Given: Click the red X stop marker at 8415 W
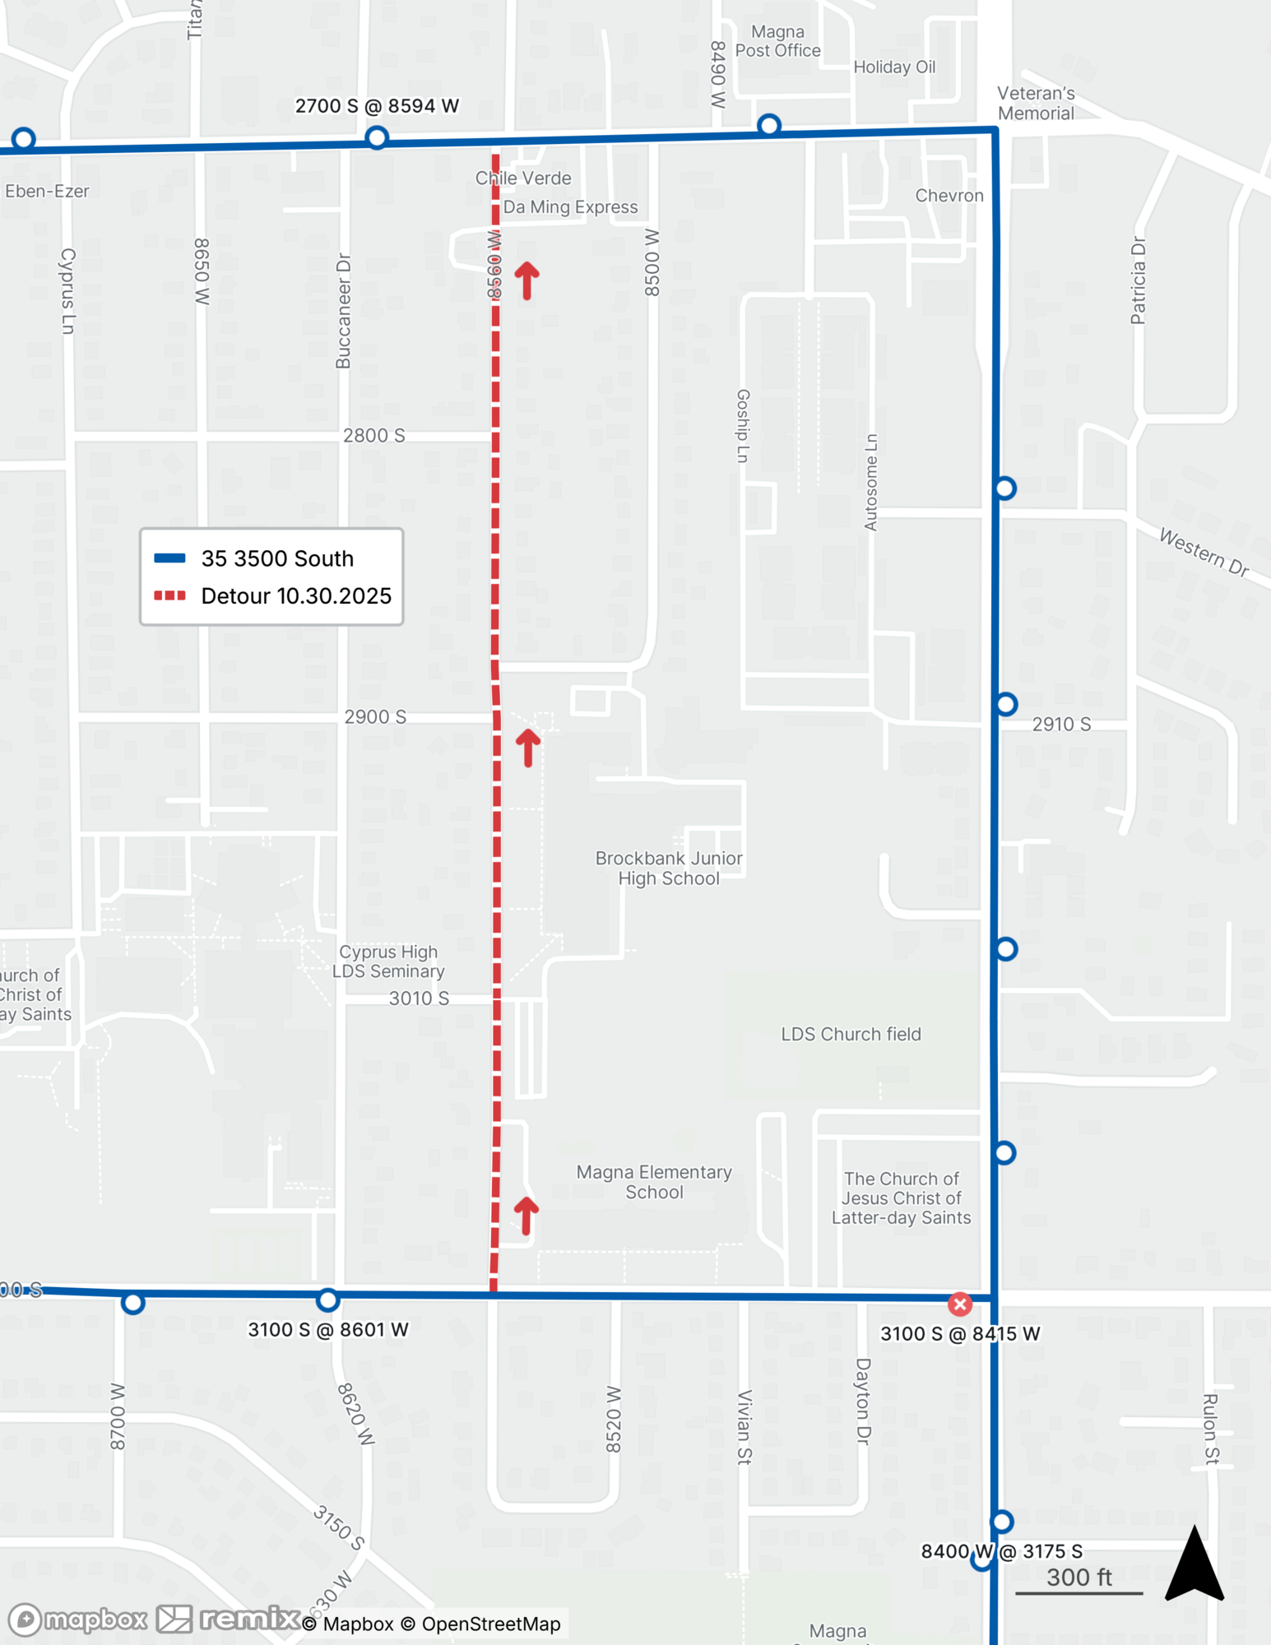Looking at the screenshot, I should point(959,1304).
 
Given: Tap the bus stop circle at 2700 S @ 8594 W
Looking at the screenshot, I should point(377,137).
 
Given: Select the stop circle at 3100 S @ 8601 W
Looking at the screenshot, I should point(327,1300).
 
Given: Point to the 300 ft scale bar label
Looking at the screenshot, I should point(1078,1577).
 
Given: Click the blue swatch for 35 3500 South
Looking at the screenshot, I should point(170,558).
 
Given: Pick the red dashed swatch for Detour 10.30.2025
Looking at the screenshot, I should point(170,595).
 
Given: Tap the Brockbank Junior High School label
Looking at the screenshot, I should point(669,868).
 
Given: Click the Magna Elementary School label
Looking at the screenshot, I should point(654,1182).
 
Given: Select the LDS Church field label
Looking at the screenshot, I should point(851,1034).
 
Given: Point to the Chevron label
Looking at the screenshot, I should point(949,196).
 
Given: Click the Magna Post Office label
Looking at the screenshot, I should point(777,41).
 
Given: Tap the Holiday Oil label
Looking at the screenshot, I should point(894,67).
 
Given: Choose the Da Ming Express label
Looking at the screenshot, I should point(570,207).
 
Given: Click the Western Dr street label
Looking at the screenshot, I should point(1204,551).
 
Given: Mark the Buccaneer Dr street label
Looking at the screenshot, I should point(344,311).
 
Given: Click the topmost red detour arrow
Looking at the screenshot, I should point(527,280).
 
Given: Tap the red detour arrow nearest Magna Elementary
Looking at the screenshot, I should point(526,1216).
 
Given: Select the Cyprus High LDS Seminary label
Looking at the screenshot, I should point(388,962).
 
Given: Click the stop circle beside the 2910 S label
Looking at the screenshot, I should point(1006,704).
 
